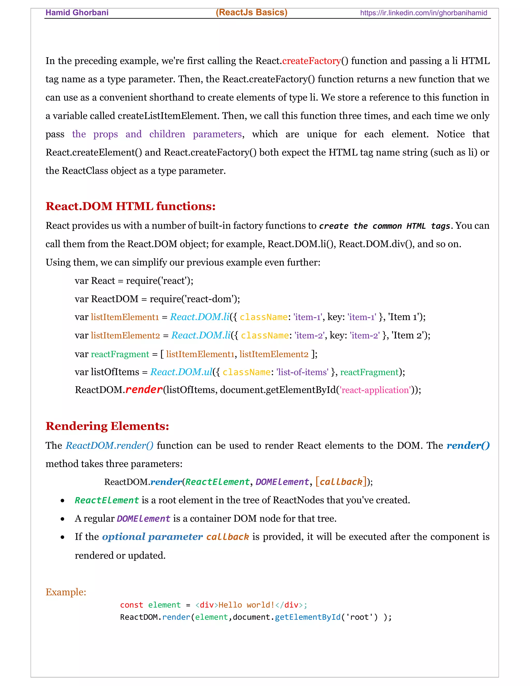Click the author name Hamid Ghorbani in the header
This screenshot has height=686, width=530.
click(x=77, y=13)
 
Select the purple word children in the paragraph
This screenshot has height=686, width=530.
click(x=167, y=134)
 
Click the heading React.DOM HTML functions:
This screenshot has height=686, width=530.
click(x=131, y=206)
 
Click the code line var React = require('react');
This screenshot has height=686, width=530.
click(x=134, y=281)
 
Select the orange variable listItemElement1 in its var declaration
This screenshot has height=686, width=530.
click(x=125, y=317)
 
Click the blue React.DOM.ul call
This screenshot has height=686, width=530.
click(x=181, y=372)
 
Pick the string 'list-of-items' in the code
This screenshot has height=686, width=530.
click(x=302, y=372)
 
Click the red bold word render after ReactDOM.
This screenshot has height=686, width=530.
click(x=144, y=390)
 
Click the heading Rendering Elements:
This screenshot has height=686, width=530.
click(x=107, y=426)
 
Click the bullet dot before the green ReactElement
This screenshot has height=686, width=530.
click(x=63, y=501)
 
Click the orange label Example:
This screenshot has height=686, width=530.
click(x=66, y=592)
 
